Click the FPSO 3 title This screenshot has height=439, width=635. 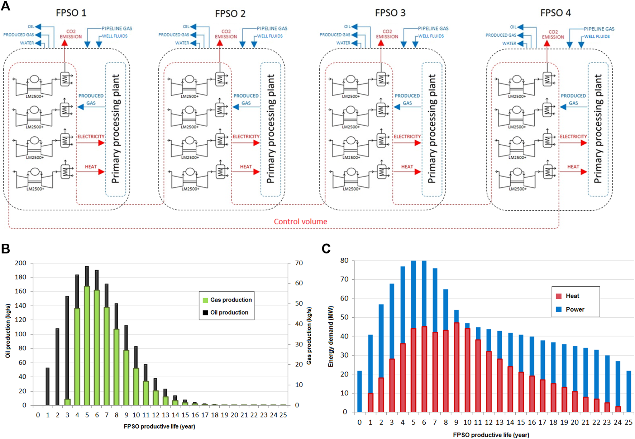pyautogui.click(x=390, y=13)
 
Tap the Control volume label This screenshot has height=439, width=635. pyautogui.click(x=300, y=221)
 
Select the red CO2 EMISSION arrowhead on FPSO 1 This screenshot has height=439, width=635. pyautogui.click(x=65, y=43)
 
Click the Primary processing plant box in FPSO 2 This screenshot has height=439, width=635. pyautogui.click(x=271, y=129)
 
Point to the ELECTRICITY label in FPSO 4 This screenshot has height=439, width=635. pyautogui.click(x=573, y=136)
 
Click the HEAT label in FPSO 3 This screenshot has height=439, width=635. pyautogui.click(x=407, y=167)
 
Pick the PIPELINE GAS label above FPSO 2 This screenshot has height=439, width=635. pyautogui.click(x=272, y=28)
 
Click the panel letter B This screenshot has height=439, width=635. pyautogui.click(x=5, y=249)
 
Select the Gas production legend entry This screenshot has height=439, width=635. pyautogui.click(x=227, y=300)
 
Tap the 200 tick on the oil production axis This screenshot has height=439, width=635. pyautogui.click(x=21, y=263)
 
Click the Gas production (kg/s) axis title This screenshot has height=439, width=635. pyautogui.click(x=309, y=335)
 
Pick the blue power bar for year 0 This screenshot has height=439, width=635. pyautogui.click(x=359, y=391)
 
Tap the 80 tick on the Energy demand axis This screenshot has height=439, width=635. pyautogui.click(x=344, y=261)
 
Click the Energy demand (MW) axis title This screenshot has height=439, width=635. pyautogui.click(x=331, y=336)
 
